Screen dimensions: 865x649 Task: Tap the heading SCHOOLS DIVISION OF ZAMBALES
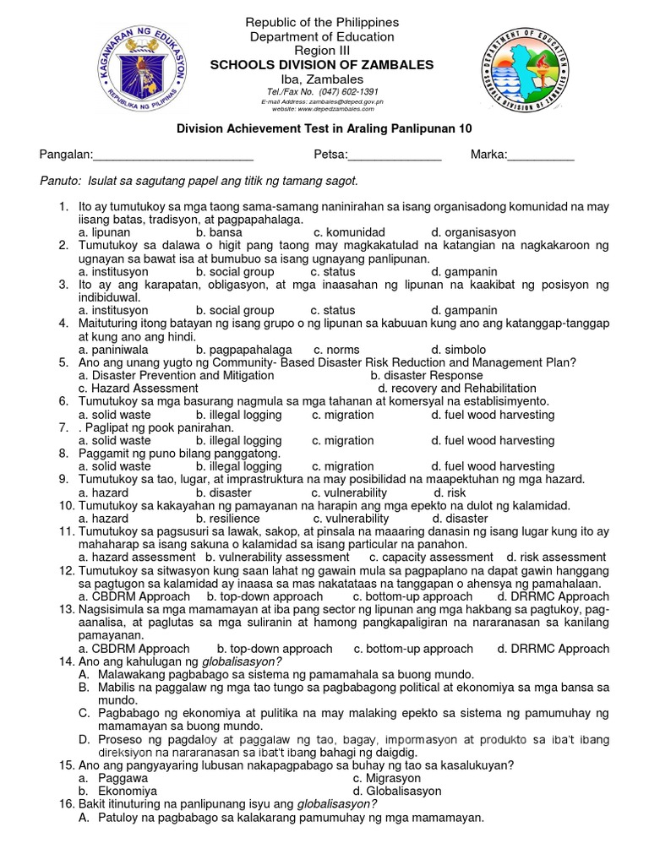pos(321,65)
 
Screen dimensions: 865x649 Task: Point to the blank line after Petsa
pos(394,155)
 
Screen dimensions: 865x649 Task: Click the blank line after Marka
pos(540,155)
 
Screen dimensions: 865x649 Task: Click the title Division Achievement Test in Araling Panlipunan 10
pos(323,128)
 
